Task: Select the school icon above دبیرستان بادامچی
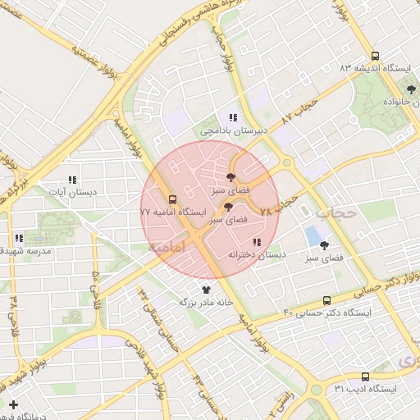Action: (233, 117)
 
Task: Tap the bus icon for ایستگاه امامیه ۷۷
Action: (173, 199)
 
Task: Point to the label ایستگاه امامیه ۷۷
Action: (172, 212)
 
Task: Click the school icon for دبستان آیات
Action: (72, 180)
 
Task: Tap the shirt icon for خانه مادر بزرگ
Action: (206, 290)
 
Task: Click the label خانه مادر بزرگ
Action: (207, 302)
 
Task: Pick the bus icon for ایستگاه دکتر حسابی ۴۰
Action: (327, 300)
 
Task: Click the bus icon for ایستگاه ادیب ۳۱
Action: (365, 377)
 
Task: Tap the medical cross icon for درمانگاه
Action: (13, 404)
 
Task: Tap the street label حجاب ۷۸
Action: (276, 206)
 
